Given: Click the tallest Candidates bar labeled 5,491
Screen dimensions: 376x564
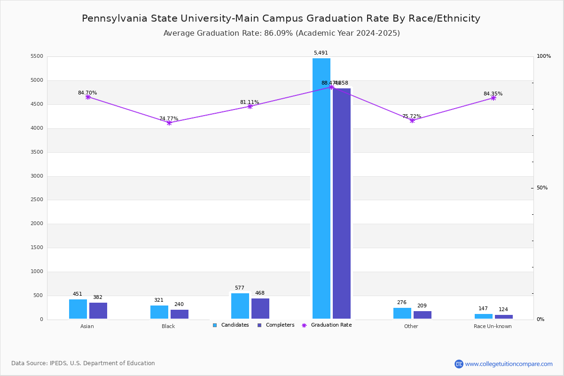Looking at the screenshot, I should [x=321, y=188].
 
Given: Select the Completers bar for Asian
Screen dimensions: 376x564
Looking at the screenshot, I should [x=98, y=311].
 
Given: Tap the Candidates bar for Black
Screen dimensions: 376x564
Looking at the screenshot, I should [x=159, y=312].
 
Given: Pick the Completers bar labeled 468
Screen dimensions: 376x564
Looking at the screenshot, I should [x=260, y=309].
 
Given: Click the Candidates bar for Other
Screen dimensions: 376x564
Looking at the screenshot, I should [x=402, y=313].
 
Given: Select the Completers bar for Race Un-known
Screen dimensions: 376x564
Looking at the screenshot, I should [x=504, y=317].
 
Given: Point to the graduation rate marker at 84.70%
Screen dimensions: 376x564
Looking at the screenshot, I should [x=88, y=97].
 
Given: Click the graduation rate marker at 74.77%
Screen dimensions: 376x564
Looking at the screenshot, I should [x=169, y=123].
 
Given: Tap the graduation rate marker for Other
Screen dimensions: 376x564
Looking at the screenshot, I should [x=412, y=120].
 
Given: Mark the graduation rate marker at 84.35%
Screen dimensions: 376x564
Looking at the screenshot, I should [x=493, y=98].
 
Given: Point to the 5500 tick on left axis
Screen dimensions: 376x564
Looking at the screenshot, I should [x=37, y=56].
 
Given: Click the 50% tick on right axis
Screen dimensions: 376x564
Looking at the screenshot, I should [x=542, y=188].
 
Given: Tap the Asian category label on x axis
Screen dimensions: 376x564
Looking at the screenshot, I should [x=87, y=327].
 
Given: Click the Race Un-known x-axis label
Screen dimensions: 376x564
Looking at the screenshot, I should [x=493, y=327].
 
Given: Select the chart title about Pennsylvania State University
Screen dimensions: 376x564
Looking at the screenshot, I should [x=281, y=19].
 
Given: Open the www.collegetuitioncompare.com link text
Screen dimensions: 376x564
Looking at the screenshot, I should [x=509, y=364].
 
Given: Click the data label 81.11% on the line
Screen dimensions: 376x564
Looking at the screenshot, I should [x=250, y=102].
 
